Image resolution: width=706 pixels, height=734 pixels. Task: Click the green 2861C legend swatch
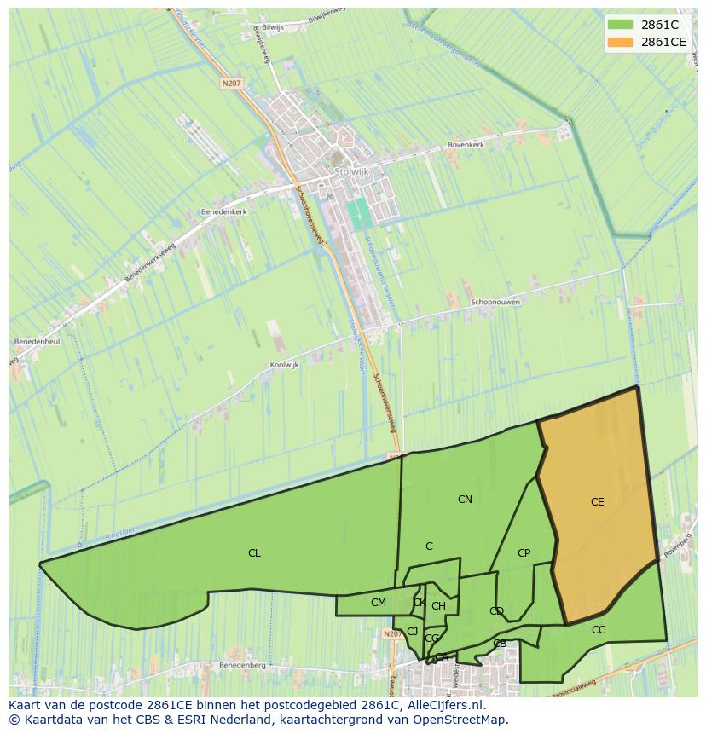[x=621, y=25]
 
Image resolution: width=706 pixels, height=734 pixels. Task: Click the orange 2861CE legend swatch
[x=621, y=42]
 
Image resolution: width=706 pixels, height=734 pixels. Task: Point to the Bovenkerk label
[x=466, y=146]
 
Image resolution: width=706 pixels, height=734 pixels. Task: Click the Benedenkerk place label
[x=223, y=210]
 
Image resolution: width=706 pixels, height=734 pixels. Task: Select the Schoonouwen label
[x=495, y=302]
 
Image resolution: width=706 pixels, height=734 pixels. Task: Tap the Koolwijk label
[x=285, y=365]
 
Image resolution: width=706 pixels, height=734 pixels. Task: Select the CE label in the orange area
[x=597, y=502]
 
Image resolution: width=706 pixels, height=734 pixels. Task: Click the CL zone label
[x=254, y=553]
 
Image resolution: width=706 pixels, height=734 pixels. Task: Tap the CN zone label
[x=465, y=500]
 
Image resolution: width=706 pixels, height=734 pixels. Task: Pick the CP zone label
[x=524, y=553]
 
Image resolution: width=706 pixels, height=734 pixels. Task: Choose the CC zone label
[x=599, y=630]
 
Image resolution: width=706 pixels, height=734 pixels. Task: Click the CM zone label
[x=379, y=603]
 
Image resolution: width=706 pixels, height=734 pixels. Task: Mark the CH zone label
[x=438, y=606]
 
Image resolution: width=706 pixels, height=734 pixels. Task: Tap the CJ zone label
[x=413, y=632]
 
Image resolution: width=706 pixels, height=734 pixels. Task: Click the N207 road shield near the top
[x=231, y=83]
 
